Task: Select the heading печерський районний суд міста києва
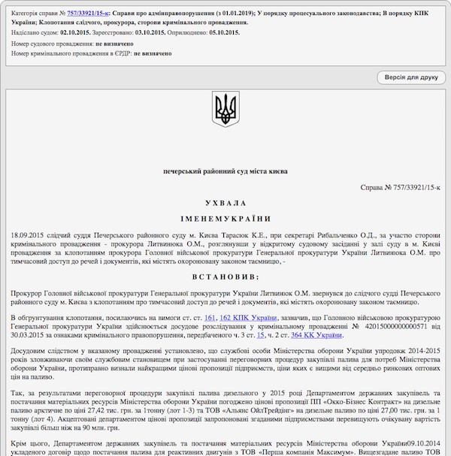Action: [225, 171]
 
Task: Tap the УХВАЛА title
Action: [225, 203]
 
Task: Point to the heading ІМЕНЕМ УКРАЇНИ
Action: [225, 219]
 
